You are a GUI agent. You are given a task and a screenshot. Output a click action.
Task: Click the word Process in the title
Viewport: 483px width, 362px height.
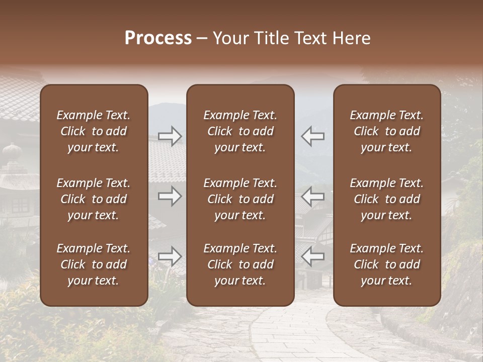[x=158, y=38]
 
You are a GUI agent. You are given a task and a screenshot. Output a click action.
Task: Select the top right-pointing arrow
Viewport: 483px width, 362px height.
[x=170, y=136]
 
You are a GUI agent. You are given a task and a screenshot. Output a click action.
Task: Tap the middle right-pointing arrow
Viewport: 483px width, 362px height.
[x=170, y=196]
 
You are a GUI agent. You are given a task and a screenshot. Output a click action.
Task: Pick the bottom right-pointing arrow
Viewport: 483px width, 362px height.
[x=170, y=256]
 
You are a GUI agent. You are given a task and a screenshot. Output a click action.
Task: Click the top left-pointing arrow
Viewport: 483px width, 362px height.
[x=313, y=136]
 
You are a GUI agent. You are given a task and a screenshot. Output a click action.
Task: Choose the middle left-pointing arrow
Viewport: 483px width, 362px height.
[x=313, y=196]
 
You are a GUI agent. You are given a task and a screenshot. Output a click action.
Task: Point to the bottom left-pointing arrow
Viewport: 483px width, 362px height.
[x=313, y=256]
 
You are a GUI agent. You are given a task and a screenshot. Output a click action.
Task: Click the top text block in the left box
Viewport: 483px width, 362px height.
[x=94, y=131]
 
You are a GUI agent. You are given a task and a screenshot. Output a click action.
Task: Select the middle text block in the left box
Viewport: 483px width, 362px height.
[x=94, y=199]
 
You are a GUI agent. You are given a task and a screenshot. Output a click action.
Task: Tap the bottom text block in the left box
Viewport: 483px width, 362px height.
[x=94, y=264]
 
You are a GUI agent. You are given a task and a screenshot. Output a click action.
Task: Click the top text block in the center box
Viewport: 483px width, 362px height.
[x=240, y=131]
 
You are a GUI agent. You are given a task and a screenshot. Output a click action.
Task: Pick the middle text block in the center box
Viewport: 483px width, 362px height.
[x=240, y=199]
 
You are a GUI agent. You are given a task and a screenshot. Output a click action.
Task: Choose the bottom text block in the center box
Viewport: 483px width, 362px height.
[x=240, y=264]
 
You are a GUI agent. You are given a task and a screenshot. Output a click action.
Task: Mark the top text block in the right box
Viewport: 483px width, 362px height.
[x=387, y=131]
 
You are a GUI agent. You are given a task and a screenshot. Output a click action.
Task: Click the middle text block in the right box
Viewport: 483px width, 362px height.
[x=387, y=199]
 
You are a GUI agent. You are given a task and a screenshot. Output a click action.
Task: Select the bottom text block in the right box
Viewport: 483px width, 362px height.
[x=387, y=264]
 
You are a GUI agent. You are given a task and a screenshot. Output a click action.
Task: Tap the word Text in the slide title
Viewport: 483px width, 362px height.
[x=310, y=38]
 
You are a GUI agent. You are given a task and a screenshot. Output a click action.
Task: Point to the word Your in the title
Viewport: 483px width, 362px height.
[x=231, y=38]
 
